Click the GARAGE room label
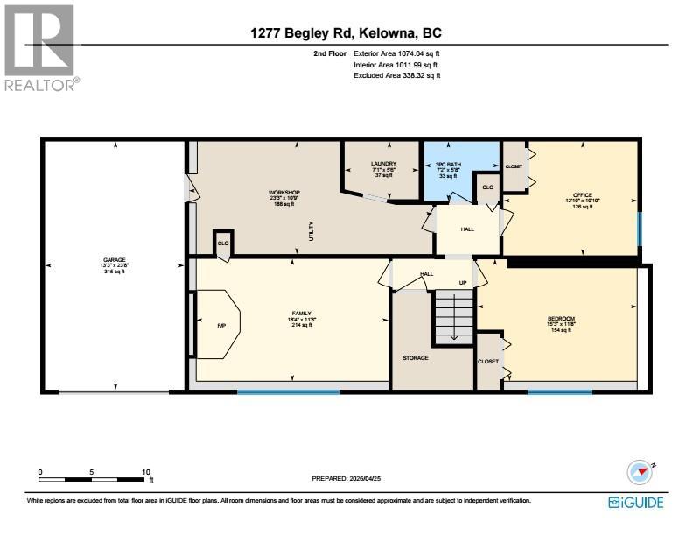(115, 260)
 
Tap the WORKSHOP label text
(283, 193)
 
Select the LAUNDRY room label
(383, 164)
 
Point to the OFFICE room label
(582, 195)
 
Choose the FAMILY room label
(301, 314)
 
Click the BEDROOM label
(561, 319)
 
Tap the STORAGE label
(415, 358)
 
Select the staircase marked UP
(454, 315)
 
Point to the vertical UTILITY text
(310, 232)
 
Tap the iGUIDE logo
(636, 502)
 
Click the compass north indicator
(640, 473)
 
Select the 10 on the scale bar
(146, 472)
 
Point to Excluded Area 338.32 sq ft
(396, 75)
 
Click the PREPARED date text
(346, 479)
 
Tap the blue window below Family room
(288, 391)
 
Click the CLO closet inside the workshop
(222, 243)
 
